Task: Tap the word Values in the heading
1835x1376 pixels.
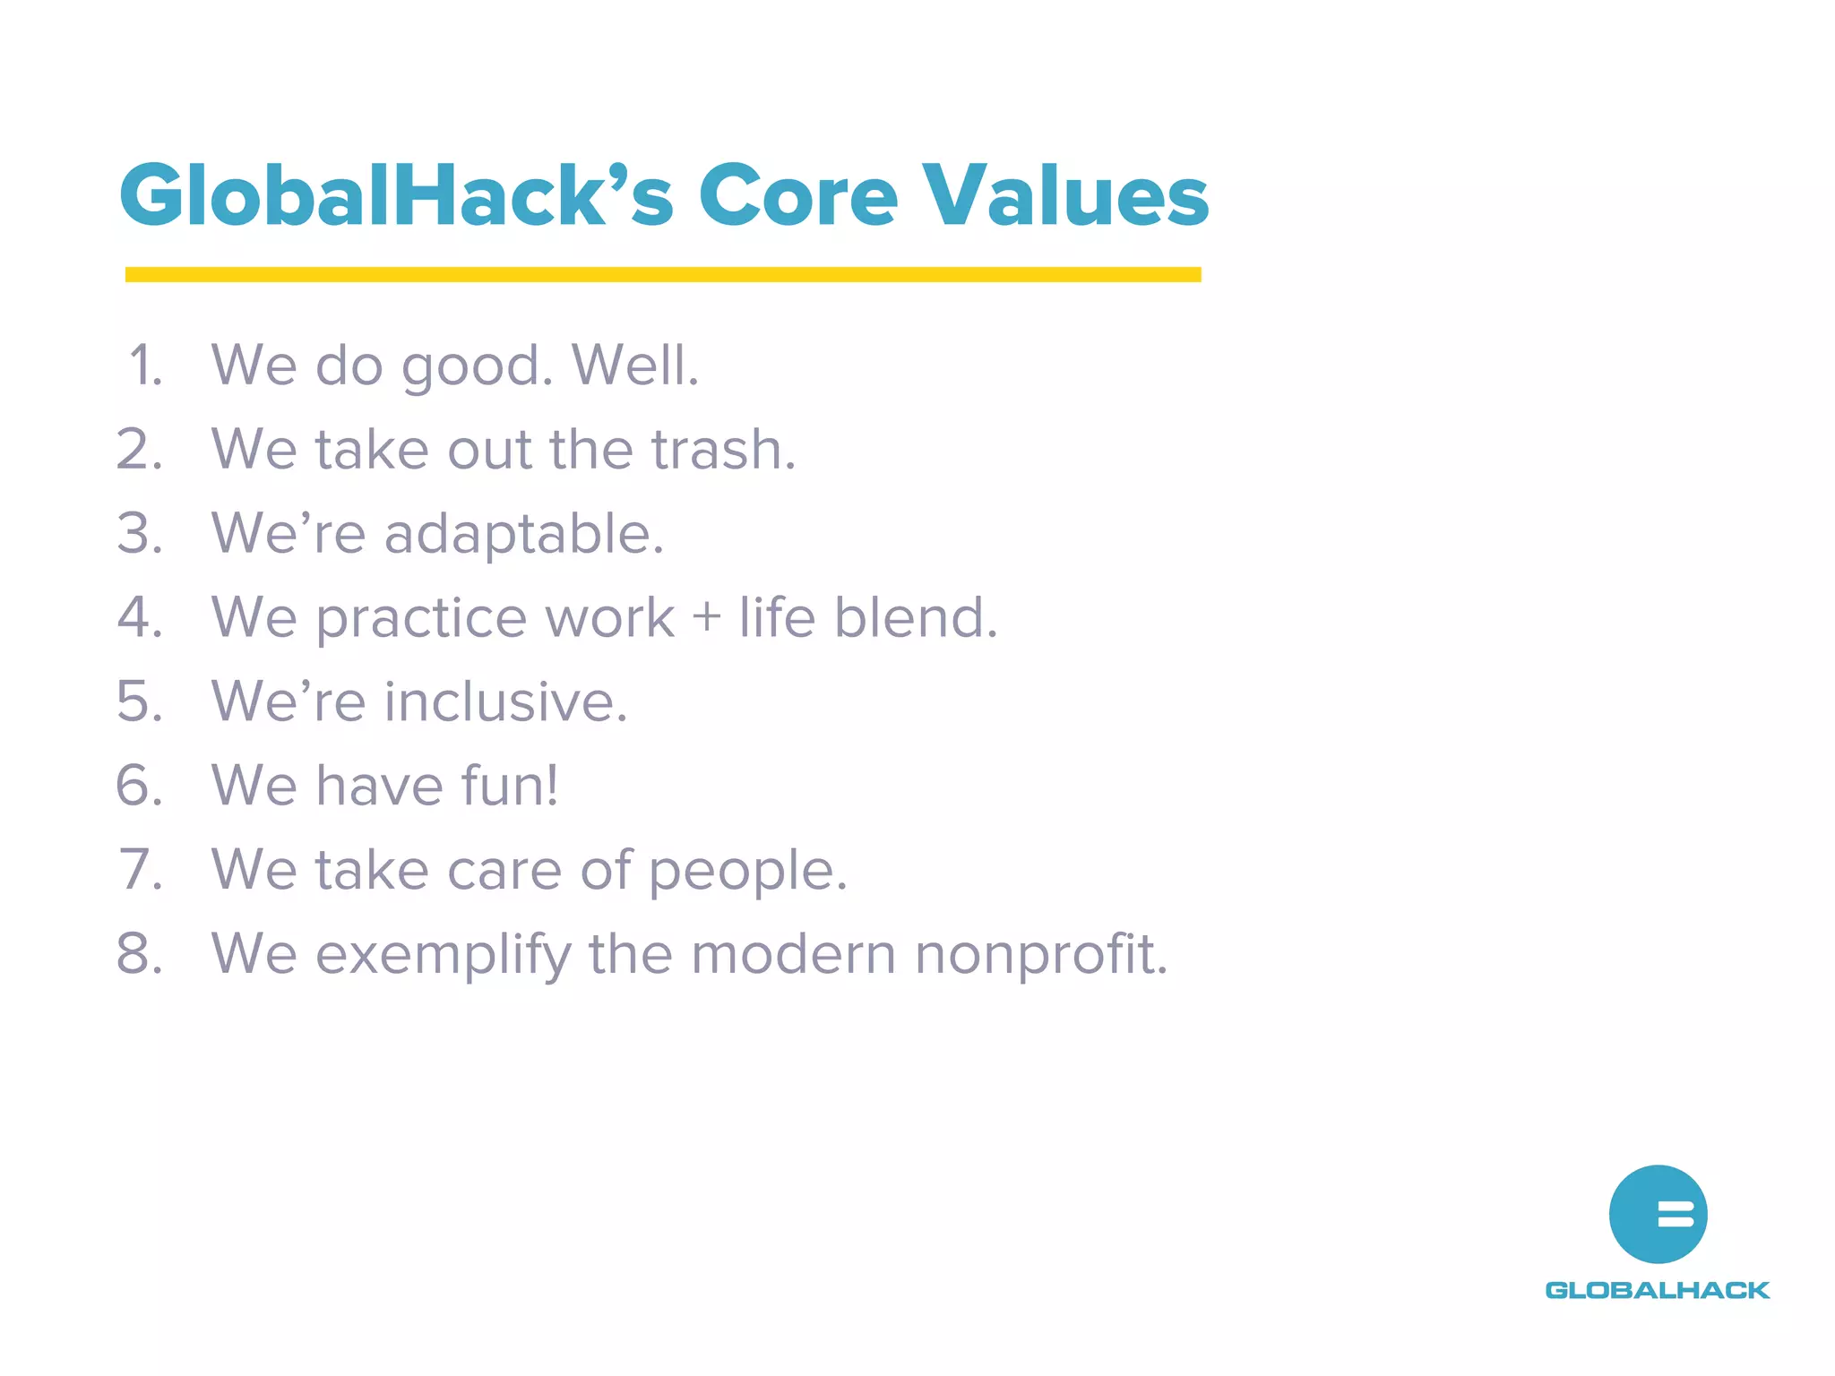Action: tap(1065, 195)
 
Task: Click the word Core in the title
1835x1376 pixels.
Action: tap(797, 195)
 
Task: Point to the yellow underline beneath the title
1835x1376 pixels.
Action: tap(663, 274)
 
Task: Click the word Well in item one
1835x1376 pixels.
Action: tap(634, 365)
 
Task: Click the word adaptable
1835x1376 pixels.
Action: tap(524, 535)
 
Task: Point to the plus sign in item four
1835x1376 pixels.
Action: tap(706, 617)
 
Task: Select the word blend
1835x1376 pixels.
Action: tap(915, 617)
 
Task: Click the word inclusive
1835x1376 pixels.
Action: tap(505, 701)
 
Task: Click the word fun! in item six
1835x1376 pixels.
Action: tap(510, 786)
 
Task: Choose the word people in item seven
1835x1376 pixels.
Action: tap(747, 871)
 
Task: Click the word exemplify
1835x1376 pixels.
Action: tap(443, 955)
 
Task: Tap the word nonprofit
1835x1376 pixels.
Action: tap(1041, 955)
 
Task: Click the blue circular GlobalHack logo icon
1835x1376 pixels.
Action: tap(1658, 1214)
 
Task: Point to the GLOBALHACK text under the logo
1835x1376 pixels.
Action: tap(1658, 1290)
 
